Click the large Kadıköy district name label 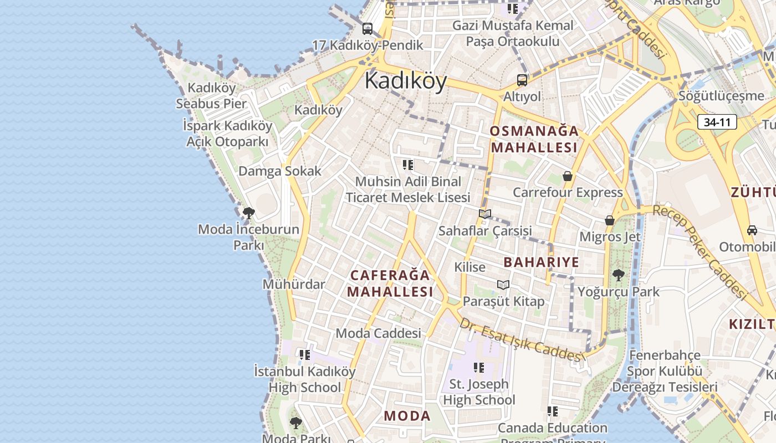click(x=406, y=81)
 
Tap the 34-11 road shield click(x=717, y=122)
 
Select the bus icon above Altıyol click(x=522, y=80)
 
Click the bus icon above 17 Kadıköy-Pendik click(x=367, y=29)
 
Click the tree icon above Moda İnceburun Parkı click(x=248, y=213)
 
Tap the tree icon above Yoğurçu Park click(x=618, y=275)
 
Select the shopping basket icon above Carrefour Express click(x=568, y=176)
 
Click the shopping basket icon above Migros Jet click(x=610, y=220)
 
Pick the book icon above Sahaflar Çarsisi click(x=485, y=214)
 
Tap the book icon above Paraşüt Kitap click(x=503, y=285)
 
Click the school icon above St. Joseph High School click(x=479, y=367)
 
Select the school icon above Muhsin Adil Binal click(x=408, y=164)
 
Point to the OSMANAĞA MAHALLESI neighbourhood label click(x=534, y=139)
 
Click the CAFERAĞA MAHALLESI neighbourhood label click(x=390, y=283)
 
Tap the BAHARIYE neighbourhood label click(x=542, y=262)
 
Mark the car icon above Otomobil click(x=752, y=230)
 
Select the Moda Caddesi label click(x=379, y=333)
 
